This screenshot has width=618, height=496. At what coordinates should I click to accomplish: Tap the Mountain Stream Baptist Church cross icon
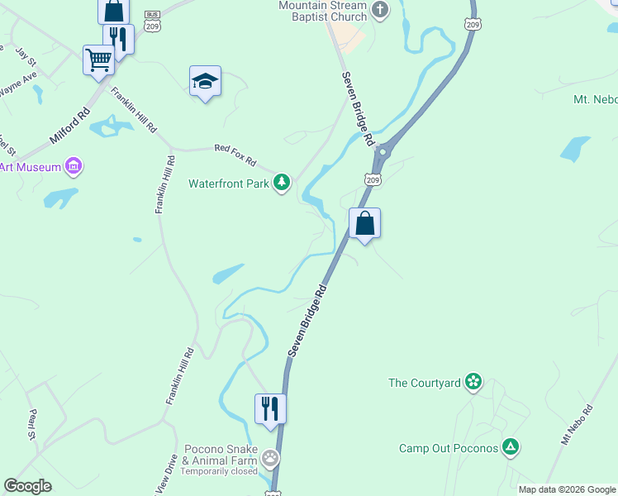379,11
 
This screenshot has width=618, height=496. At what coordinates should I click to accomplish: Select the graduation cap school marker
205,82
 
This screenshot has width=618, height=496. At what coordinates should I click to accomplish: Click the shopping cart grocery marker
98,60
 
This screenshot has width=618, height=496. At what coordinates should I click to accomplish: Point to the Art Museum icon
74,167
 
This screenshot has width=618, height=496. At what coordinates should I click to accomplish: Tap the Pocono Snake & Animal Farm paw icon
269,457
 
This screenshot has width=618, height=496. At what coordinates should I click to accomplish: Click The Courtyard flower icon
473,382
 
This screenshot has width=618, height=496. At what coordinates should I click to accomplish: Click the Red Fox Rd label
235,154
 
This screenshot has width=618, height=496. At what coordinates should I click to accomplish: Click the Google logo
27,486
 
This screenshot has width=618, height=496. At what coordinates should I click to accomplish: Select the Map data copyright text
567,489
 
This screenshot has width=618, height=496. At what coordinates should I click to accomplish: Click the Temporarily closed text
219,471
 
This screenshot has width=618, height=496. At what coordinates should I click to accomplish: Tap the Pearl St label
34,423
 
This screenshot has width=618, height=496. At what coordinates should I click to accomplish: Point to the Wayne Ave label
18,85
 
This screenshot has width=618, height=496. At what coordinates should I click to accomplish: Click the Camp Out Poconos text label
449,448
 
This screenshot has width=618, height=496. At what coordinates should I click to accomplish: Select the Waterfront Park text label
229,184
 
